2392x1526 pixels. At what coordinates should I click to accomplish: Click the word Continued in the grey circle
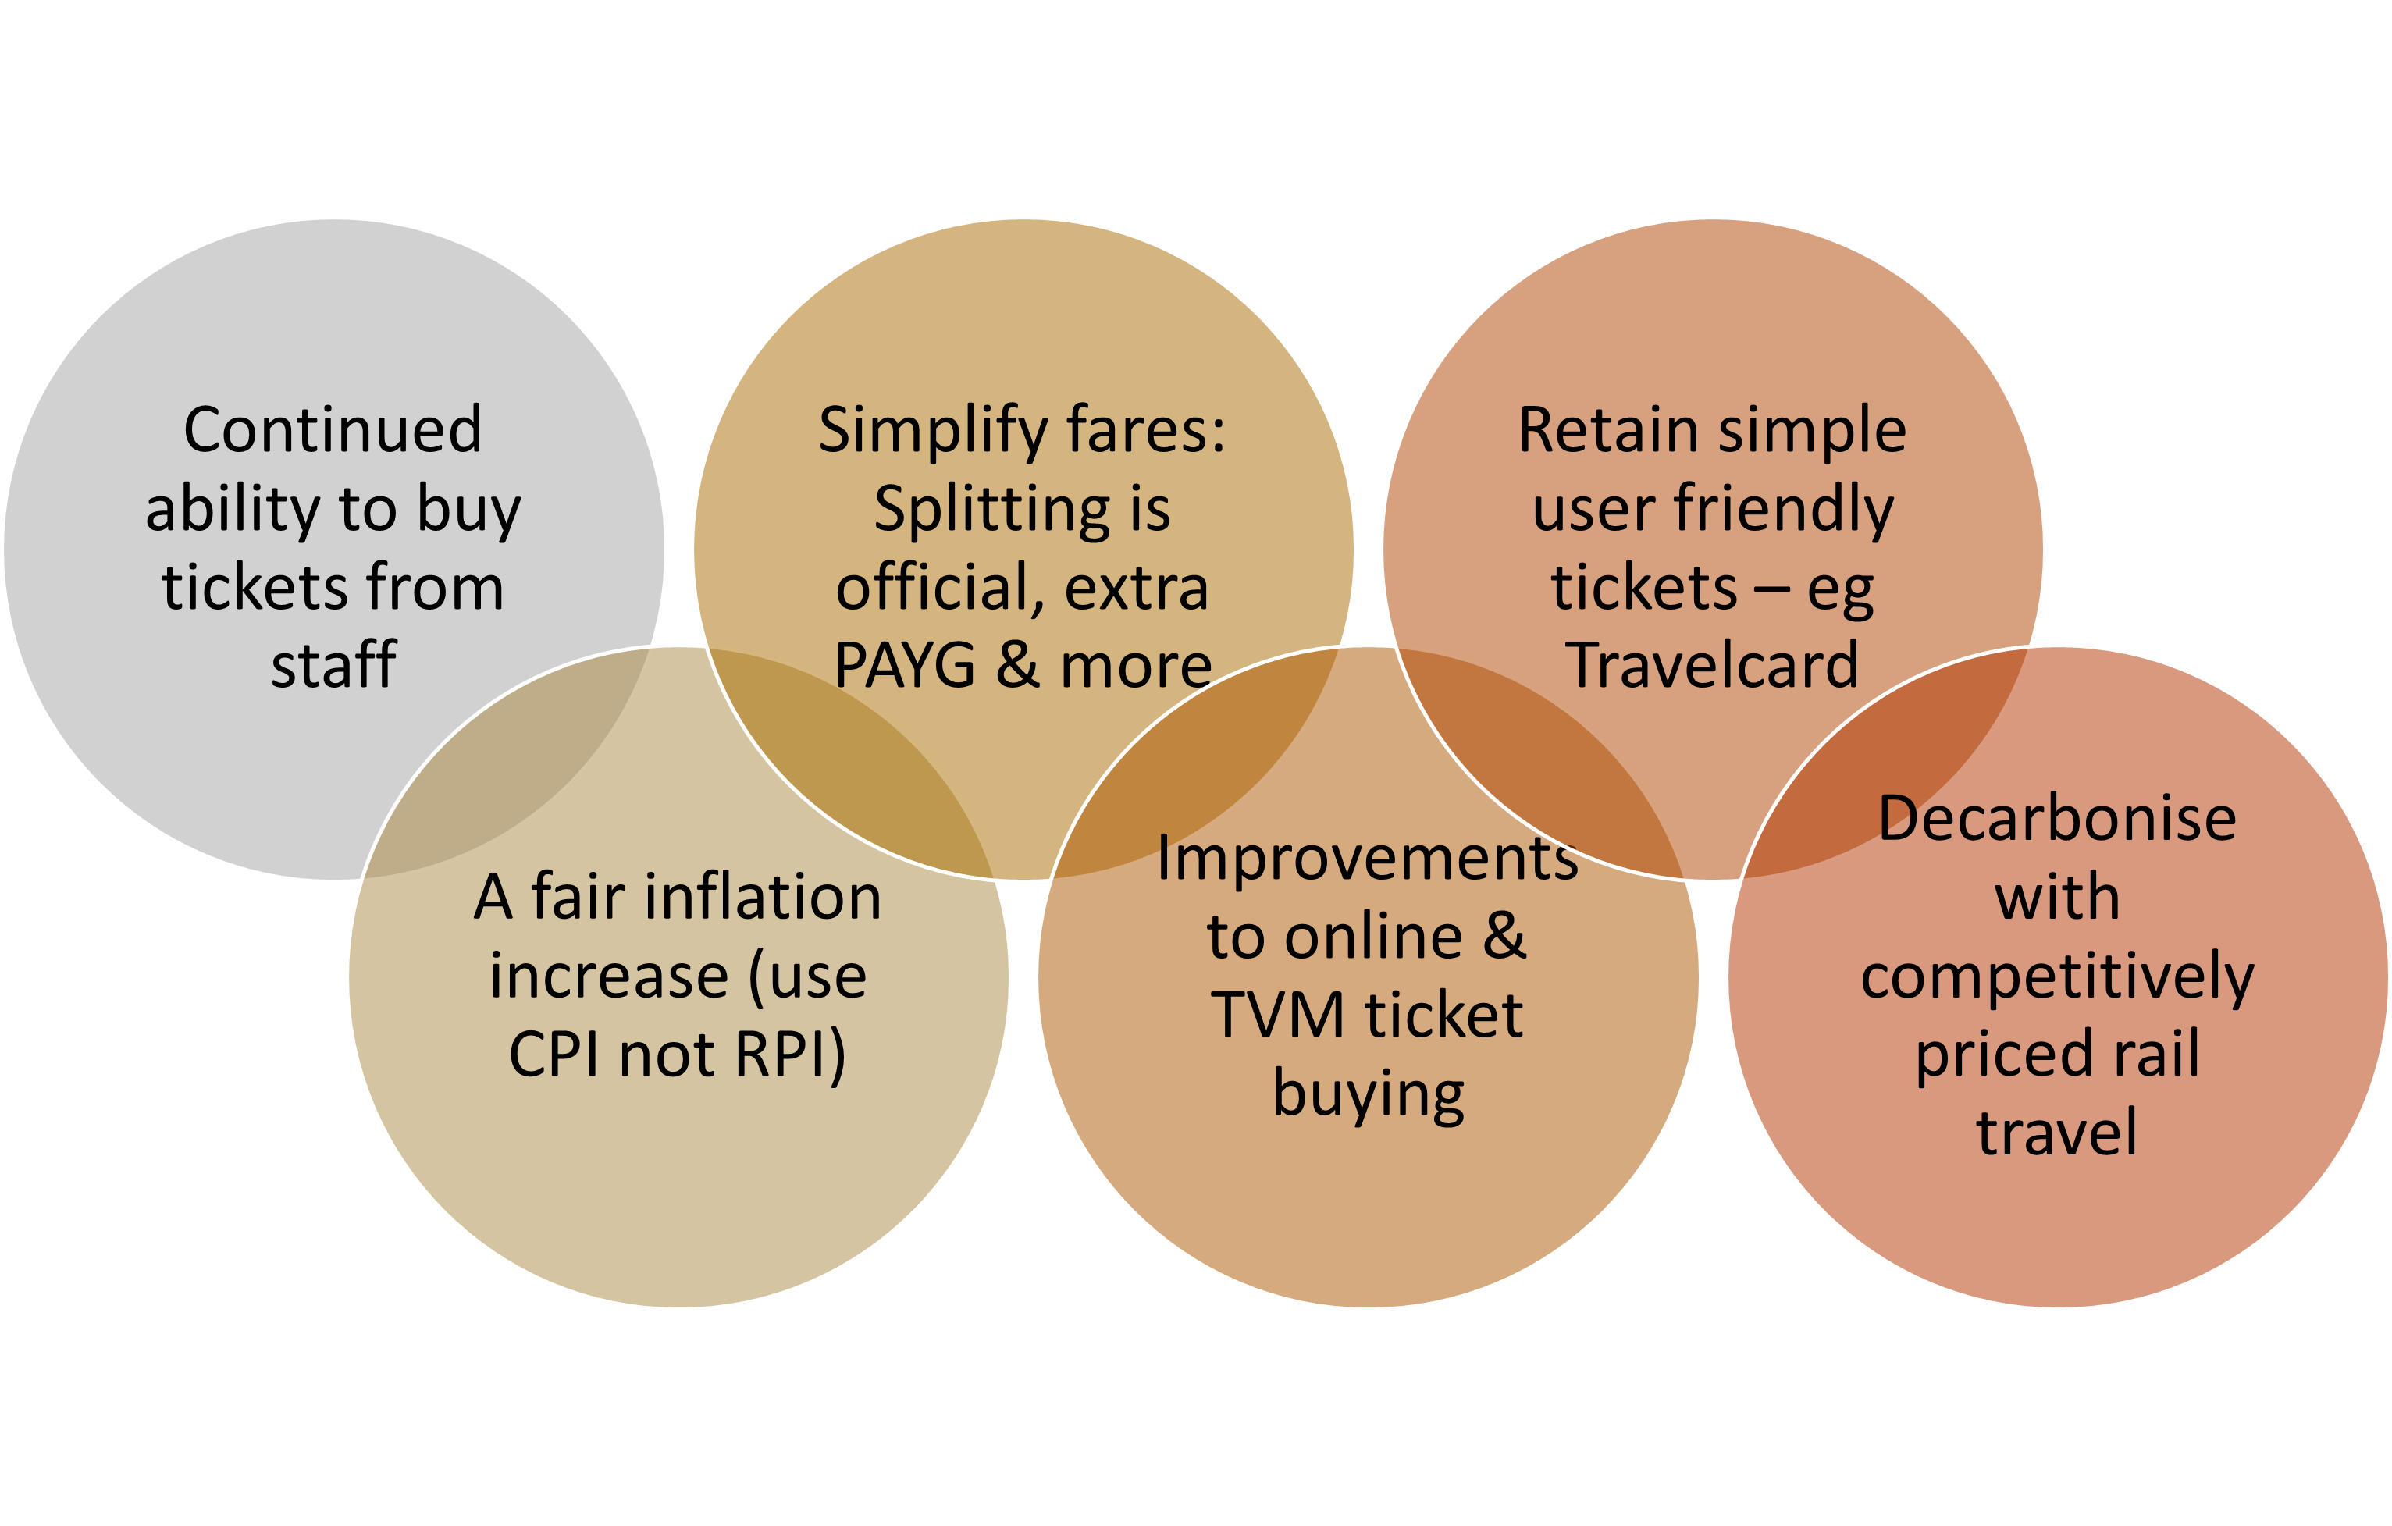point(333,431)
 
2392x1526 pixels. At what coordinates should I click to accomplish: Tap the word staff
point(334,666)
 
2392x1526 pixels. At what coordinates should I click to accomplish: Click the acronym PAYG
point(904,666)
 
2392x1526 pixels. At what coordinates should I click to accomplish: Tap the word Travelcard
point(1711,666)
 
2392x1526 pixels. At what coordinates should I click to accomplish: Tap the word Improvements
point(1367,859)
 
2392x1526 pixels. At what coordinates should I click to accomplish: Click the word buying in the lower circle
point(1368,1096)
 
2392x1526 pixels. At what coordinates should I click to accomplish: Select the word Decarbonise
point(2057,820)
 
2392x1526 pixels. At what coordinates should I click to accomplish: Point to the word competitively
point(2057,977)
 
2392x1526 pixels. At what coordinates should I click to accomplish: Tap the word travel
point(2057,1133)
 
